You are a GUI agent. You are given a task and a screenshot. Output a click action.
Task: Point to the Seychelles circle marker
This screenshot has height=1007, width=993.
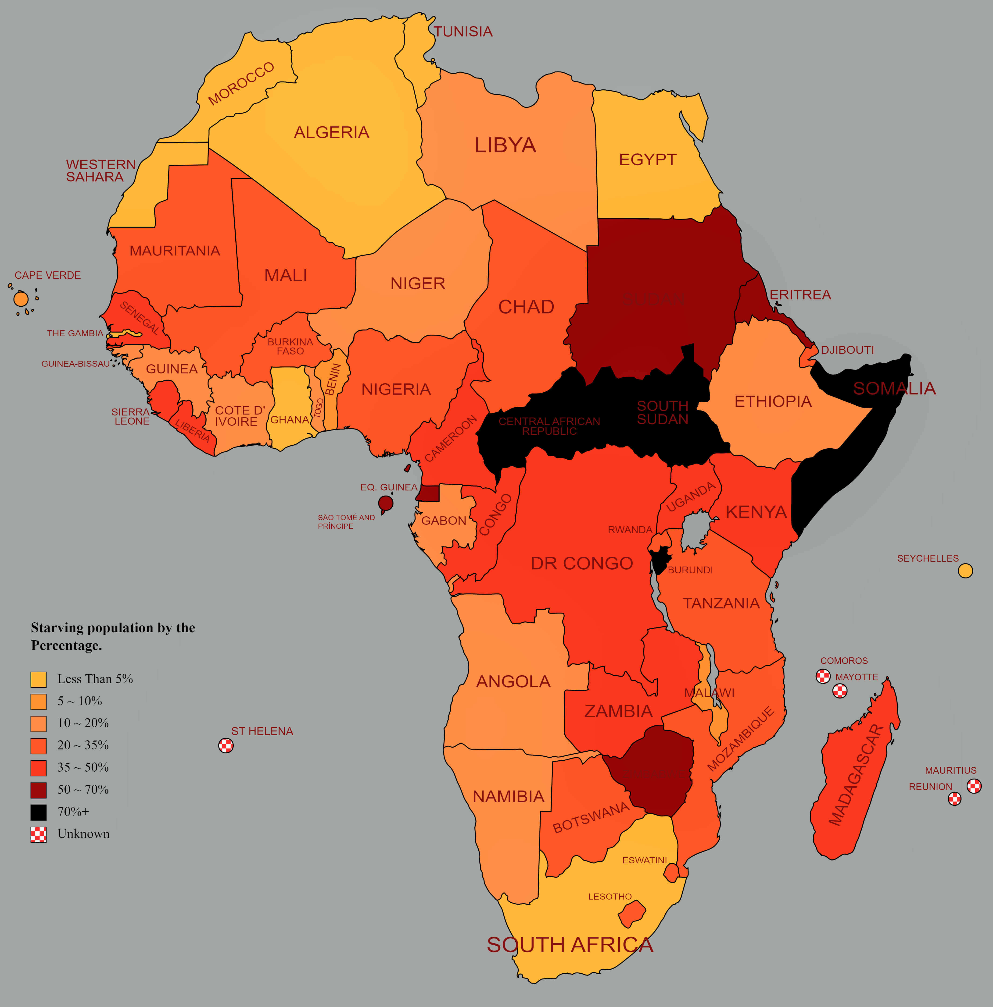click(x=965, y=571)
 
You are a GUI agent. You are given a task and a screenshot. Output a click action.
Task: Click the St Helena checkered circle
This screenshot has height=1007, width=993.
click(x=226, y=745)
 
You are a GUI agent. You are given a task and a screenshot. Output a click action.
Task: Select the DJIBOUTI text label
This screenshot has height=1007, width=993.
click(x=847, y=350)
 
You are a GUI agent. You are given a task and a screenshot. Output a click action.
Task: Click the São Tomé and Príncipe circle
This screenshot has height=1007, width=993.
click(x=385, y=503)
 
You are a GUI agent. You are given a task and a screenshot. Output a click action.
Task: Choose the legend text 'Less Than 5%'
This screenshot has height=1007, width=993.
click(x=95, y=679)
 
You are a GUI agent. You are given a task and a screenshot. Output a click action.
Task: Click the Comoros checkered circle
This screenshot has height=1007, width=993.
click(x=823, y=676)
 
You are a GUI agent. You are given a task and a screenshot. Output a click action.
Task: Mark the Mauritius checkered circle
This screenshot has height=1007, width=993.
click(x=974, y=785)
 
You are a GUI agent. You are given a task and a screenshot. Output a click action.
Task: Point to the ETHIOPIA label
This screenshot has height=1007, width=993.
click(x=773, y=401)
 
